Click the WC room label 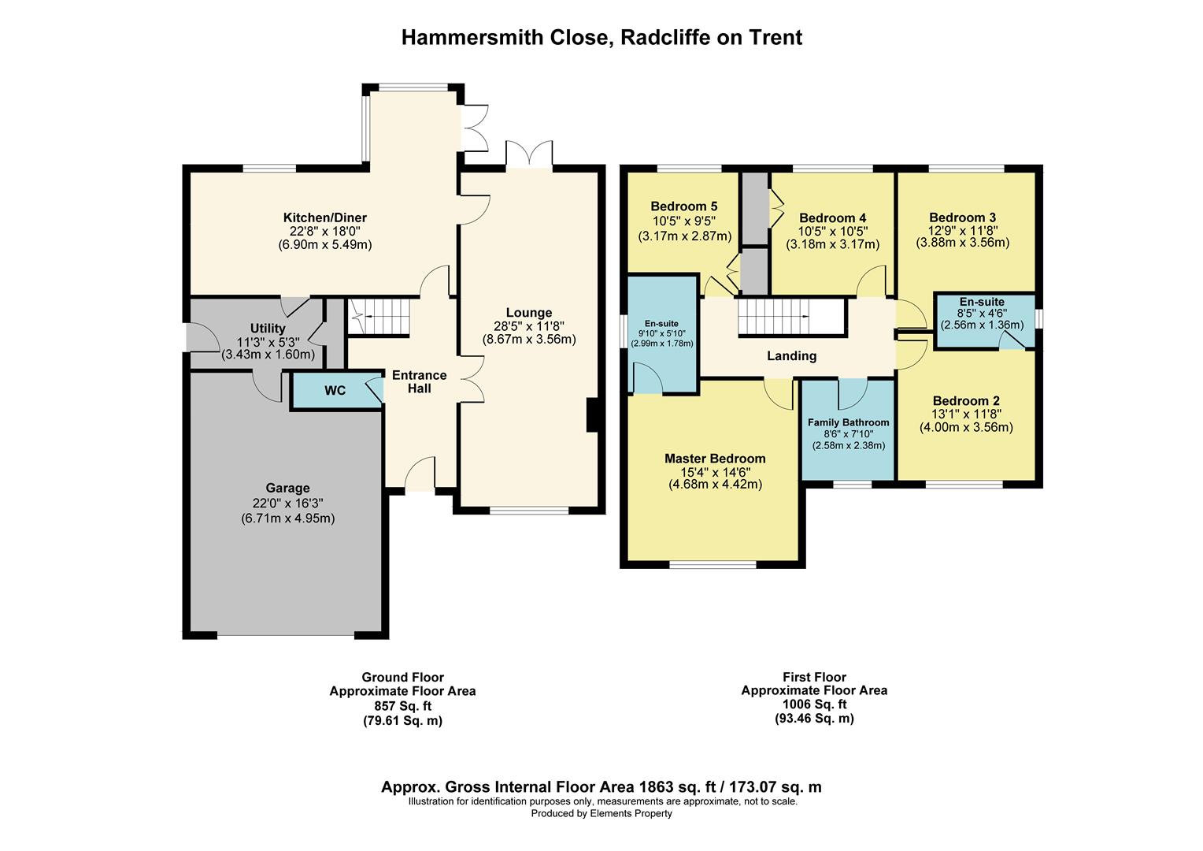tap(335, 391)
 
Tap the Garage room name tap(288, 488)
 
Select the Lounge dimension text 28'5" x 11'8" tap(529, 326)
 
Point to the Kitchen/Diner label tap(325, 217)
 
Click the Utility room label tap(268, 329)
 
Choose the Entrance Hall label tap(420, 381)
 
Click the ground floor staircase tap(379, 317)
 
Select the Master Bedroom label tap(715, 459)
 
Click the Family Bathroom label tap(849, 422)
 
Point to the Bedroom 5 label tap(683, 206)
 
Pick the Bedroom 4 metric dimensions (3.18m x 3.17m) tap(832, 244)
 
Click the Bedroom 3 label tap(962, 217)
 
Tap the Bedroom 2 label tap(966, 400)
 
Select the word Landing tap(791, 356)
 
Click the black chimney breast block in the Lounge tap(592, 414)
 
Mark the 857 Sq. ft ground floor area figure tap(403, 706)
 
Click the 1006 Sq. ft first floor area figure tap(814, 704)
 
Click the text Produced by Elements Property tap(601, 813)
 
